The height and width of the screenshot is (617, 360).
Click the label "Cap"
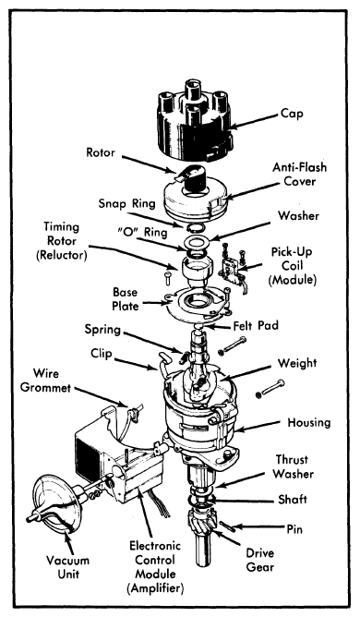point(292,115)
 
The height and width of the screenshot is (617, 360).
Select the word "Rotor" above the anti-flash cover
point(101,152)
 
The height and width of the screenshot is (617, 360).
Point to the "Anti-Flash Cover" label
point(300,174)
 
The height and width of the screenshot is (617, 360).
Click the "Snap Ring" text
point(126,203)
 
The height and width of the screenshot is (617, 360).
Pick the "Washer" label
point(298,215)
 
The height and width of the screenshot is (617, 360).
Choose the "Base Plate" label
point(126,299)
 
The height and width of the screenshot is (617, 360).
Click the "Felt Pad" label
point(256,326)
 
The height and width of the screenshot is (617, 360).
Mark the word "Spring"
point(102,330)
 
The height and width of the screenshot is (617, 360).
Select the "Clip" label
point(102,354)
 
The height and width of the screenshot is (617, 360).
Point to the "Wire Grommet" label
point(45,381)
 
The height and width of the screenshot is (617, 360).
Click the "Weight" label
point(297,363)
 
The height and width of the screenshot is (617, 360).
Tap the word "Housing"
point(309,423)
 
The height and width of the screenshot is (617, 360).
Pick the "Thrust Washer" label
point(294,466)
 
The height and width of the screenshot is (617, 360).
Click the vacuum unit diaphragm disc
point(60,505)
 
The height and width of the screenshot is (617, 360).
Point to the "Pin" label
point(294,529)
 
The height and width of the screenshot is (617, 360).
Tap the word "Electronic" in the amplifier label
point(155,545)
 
